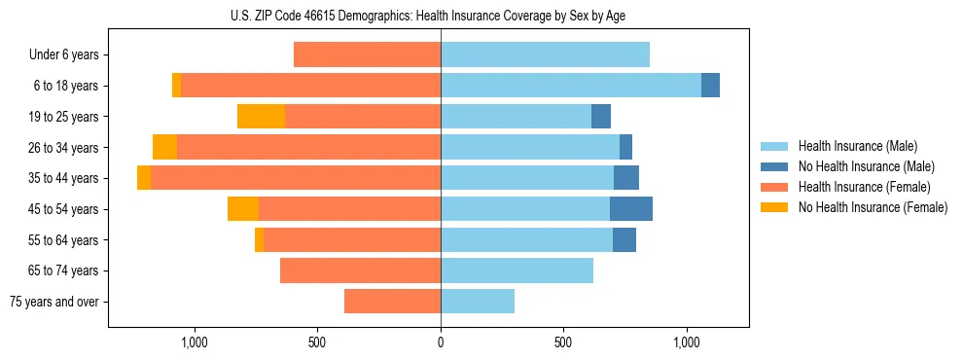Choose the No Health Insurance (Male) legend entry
[866, 166]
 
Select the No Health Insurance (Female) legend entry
[873, 207]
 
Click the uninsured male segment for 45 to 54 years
[631, 209]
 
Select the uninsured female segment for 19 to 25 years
[261, 117]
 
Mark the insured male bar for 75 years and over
[478, 302]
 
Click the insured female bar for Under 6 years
[367, 55]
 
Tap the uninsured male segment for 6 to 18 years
[710, 86]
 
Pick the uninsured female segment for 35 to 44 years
[144, 178]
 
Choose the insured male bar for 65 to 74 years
[517, 270]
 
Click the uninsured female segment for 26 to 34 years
[164, 147]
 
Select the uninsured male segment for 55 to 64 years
[624, 239]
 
